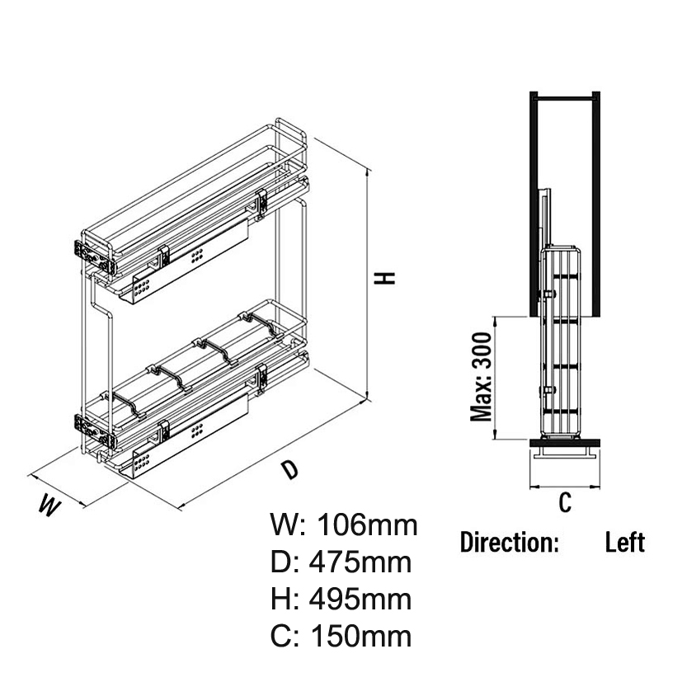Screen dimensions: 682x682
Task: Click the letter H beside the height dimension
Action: (385, 279)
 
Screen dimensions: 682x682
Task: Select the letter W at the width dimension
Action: (50, 506)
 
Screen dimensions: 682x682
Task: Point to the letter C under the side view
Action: (565, 502)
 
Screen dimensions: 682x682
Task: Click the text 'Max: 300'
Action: (481, 377)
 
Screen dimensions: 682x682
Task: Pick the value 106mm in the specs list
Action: (367, 524)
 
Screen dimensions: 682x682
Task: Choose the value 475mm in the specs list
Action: (360, 562)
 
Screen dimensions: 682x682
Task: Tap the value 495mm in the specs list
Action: (360, 600)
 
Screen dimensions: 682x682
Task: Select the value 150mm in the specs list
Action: (361, 637)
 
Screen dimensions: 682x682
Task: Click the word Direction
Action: (510, 543)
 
